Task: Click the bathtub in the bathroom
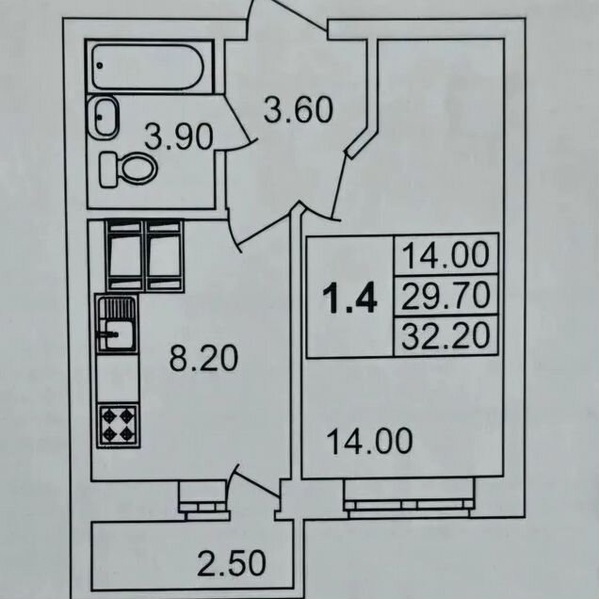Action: pos(148,67)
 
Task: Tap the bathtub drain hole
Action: pos(100,66)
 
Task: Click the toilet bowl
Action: pos(138,168)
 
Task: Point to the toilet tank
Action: pos(108,170)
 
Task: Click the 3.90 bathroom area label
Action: pos(178,137)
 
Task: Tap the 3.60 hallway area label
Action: pos(299,110)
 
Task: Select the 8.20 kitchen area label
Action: pos(203,358)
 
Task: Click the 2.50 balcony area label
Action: pos(232,562)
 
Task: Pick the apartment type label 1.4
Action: pos(350,299)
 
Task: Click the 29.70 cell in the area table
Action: pos(445,296)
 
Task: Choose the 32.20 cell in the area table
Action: pos(445,336)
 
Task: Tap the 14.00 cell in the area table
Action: pos(445,255)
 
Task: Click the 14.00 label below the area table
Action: pos(370,441)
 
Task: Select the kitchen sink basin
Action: pos(117,335)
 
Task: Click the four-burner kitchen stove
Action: pos(118,425)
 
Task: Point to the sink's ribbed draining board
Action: pos(117,308)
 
